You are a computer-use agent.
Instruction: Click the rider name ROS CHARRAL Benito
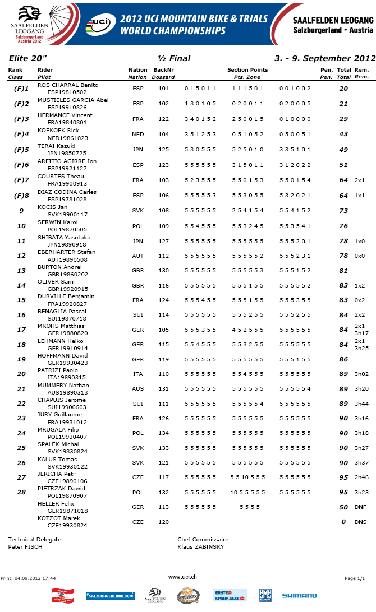[68, 85]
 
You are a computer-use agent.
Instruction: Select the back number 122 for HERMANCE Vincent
[163, 119]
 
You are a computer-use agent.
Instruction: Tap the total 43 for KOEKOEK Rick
[343, 134]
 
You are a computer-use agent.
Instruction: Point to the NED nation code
[137, 134]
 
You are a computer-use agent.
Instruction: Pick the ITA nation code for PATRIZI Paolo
[137, 374]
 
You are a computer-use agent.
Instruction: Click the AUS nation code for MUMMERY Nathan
[137, 389]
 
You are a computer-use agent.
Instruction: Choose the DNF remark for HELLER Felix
[360, 507]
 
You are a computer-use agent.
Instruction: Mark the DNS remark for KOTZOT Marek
[360, 522]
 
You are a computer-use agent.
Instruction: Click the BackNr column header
[163, 70]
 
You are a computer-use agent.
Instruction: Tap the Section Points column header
[247, 70]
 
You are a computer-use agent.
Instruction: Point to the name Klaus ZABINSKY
[200, 546]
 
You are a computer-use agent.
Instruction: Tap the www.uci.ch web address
[182, 577]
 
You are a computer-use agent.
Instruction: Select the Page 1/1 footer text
[354, 578]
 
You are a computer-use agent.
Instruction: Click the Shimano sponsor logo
[299, 595]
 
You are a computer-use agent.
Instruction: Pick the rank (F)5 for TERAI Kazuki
[21, 149]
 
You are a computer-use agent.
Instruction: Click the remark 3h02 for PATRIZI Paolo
[361, 374]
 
